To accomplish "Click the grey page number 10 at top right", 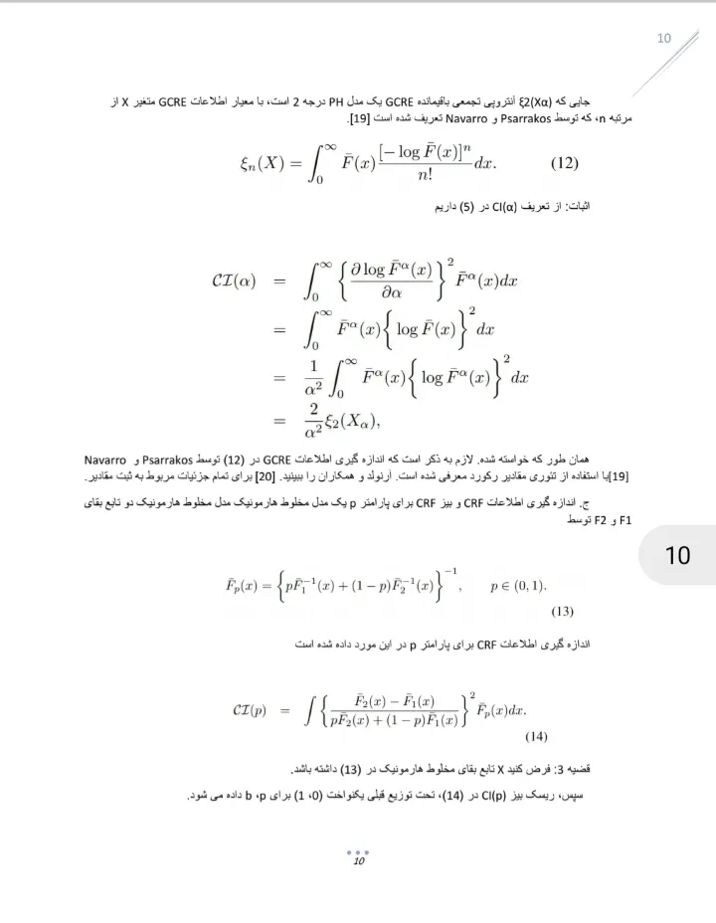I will (664, 38).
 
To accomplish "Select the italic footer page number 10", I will (359, 861).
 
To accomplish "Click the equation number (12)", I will (564, 163).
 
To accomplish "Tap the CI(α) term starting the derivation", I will (235, 281).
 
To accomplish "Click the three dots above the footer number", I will (358, 851).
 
